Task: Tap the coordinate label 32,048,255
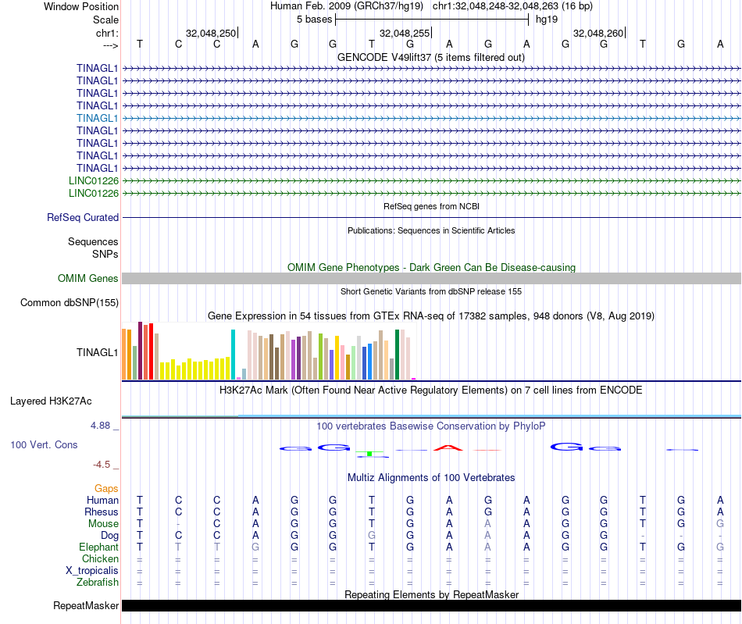[404, 33]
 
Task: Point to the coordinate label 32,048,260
[598, 33]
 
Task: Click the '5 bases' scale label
[314, 19]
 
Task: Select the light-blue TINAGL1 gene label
[98, 118]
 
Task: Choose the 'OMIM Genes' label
[88, 279]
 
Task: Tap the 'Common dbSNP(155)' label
[70, 303]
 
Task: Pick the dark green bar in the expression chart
[398, 355]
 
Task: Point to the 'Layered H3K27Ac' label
[51, 401]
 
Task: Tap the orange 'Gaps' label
[106, 488]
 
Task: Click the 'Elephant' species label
[99, 547]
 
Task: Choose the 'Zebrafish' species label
[98, 583]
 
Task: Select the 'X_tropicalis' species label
[92, 571]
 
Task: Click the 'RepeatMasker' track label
[86, 606]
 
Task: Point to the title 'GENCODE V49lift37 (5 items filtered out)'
[431, 58]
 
